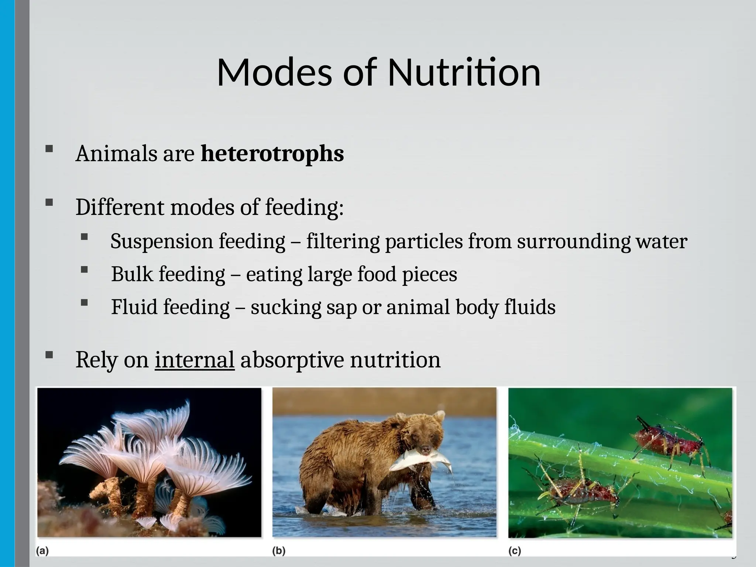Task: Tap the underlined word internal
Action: coord(195,360)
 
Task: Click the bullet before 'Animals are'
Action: coord(49,149)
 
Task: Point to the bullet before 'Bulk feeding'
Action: coord(84,270)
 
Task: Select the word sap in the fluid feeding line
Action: coord(341,307)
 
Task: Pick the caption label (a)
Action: coord(42,551)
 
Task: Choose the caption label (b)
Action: coord(279,551)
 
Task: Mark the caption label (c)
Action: coord(515,551)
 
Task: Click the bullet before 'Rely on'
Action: coord(49,355)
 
